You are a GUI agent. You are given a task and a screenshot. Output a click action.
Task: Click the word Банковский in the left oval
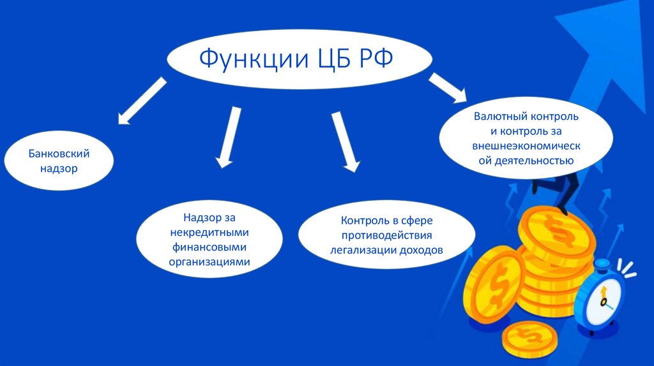click(58, 154)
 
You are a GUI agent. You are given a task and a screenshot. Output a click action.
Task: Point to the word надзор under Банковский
click(59, 170)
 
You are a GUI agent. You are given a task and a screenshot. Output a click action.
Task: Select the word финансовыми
click(209, 247)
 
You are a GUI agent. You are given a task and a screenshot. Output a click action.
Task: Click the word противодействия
click(386, 235)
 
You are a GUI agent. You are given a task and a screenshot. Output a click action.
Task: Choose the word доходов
click(422, 250)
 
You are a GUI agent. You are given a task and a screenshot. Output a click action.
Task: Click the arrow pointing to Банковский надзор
click(142, 100)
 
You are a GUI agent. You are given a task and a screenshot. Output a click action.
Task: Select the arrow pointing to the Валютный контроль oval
click(448, 87)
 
